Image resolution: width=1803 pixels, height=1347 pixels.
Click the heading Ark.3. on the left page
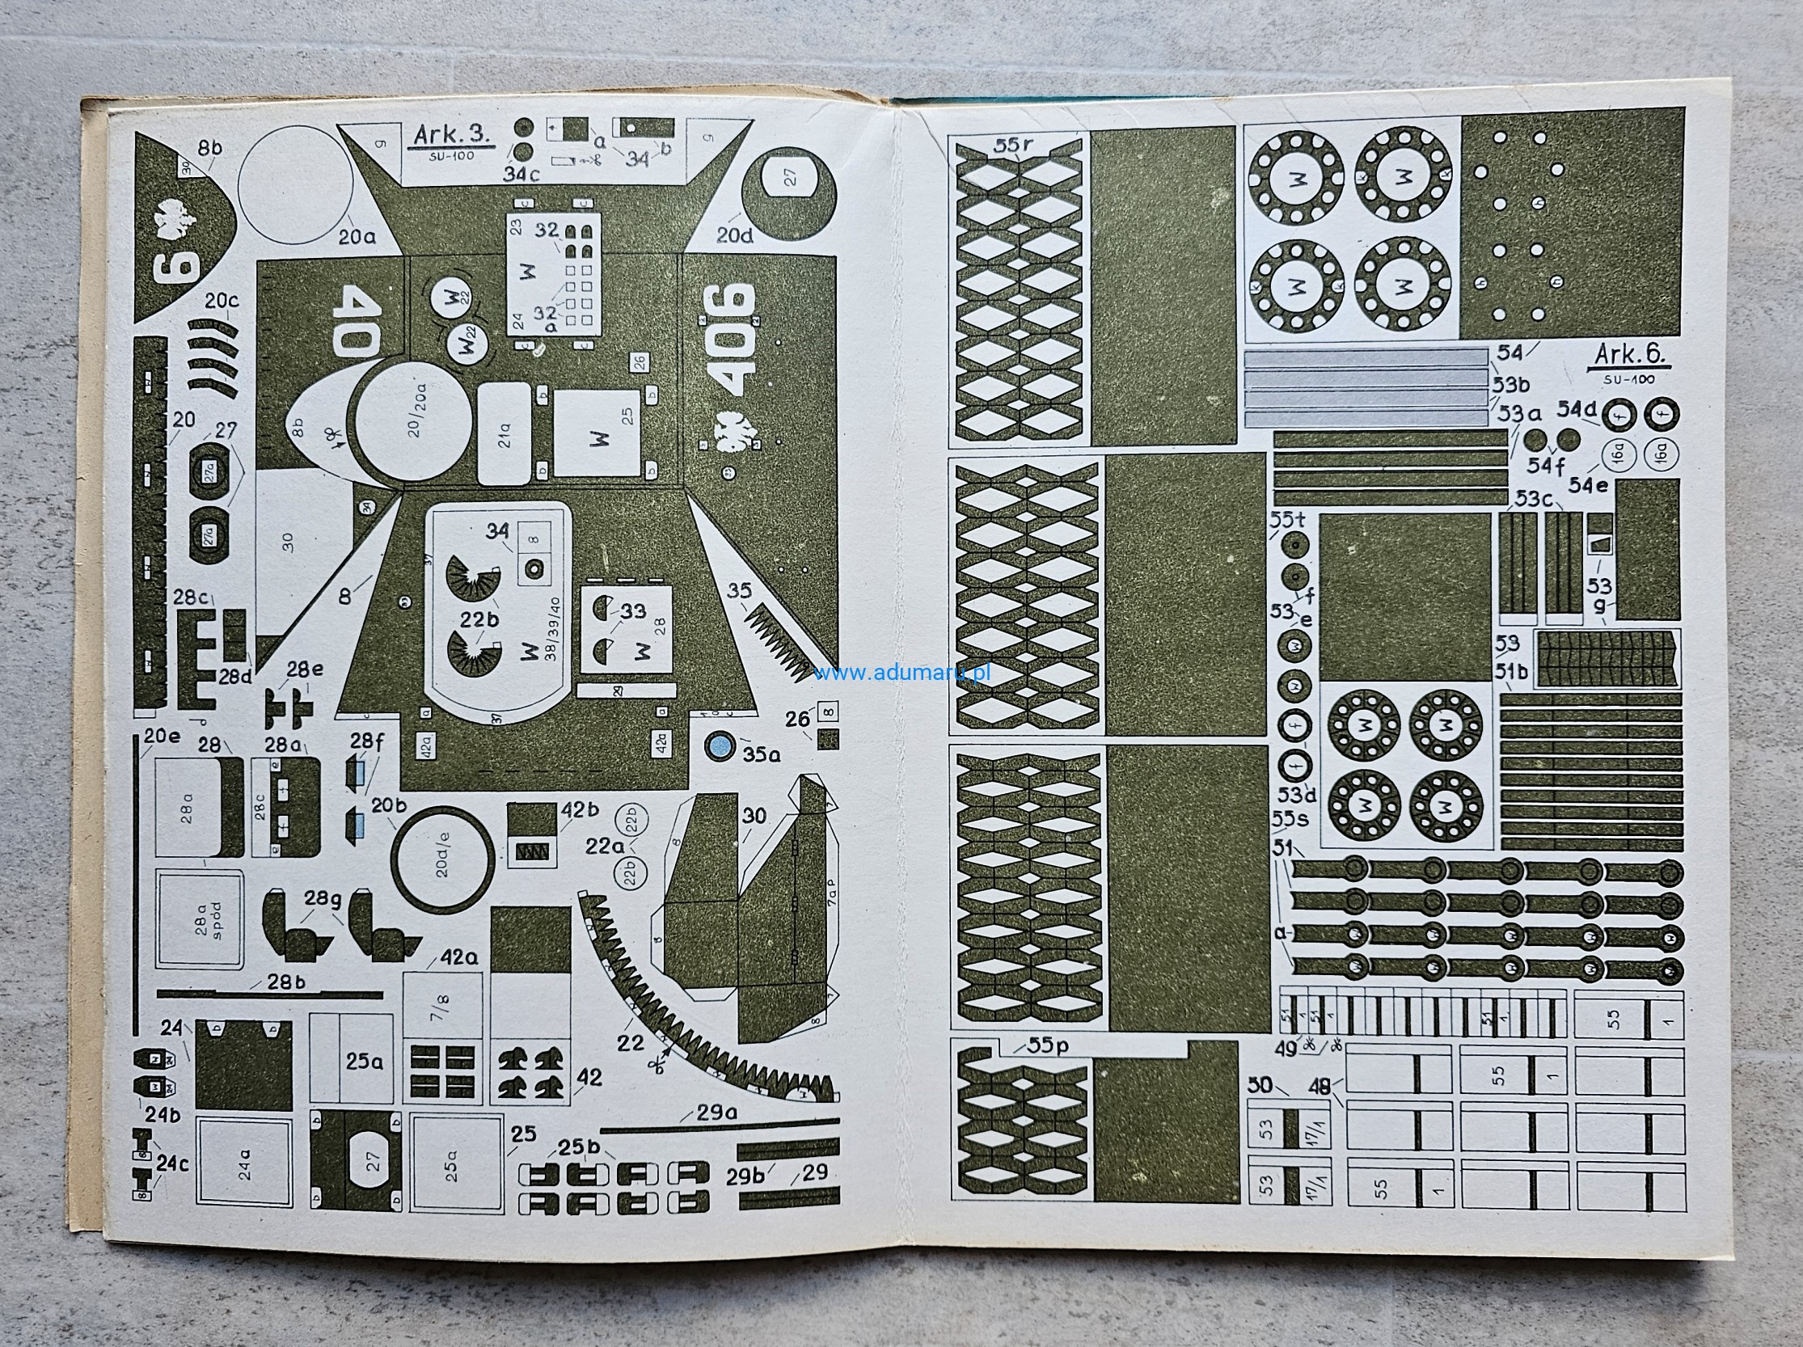452,134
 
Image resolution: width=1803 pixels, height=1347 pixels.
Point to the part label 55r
1013,145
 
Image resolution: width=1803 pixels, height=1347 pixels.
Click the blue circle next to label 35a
718,747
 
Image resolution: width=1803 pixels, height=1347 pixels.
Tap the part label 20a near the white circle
357,237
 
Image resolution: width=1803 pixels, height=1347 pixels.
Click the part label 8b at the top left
209,149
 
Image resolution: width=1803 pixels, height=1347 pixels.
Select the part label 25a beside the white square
364,1062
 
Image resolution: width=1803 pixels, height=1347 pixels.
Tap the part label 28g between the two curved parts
323,899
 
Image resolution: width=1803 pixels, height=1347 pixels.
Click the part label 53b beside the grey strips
1511,384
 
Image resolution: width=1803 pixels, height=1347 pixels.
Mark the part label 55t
1287,518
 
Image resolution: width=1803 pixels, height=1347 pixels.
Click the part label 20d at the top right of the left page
734,236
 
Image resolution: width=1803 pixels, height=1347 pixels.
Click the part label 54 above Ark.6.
1510,353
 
